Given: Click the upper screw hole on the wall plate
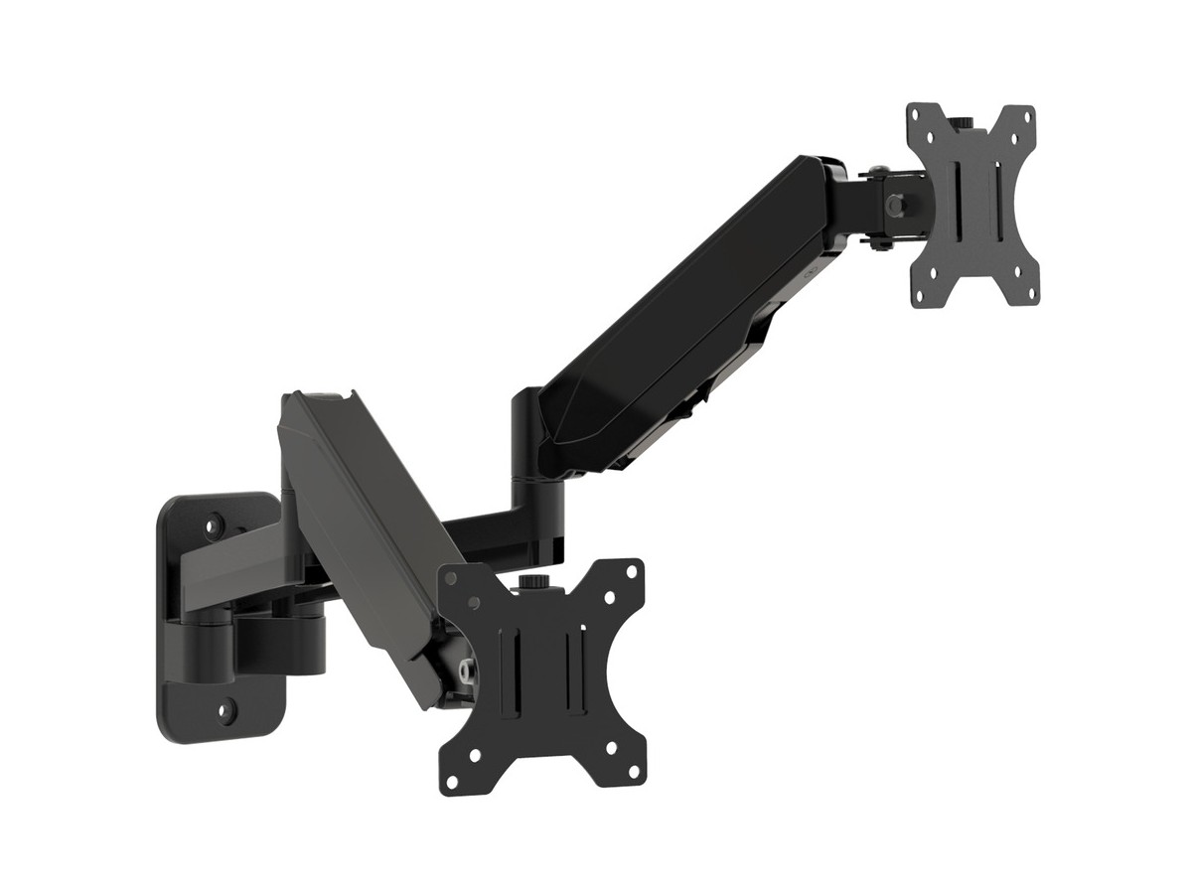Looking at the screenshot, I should click(213, 520).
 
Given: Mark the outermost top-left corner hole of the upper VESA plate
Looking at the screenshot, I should click(917, 117).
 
